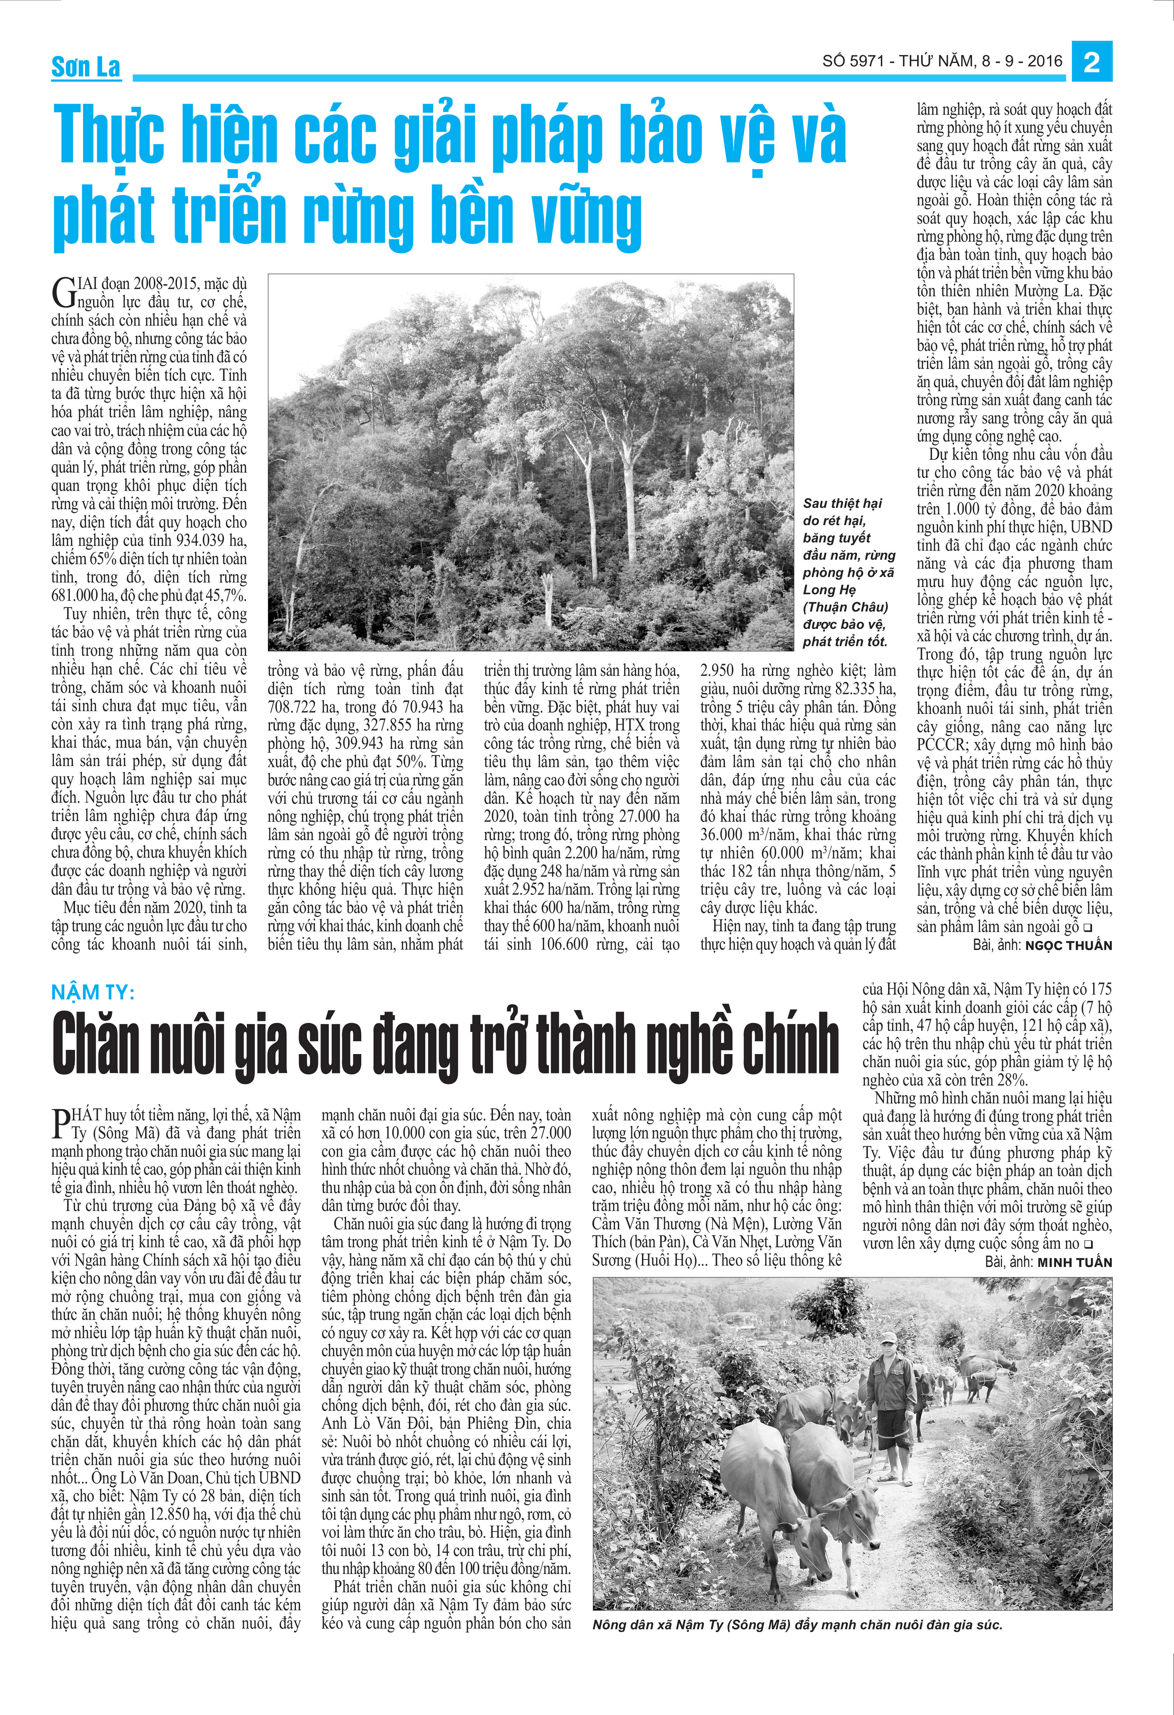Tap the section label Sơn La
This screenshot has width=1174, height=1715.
click(86, 67)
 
